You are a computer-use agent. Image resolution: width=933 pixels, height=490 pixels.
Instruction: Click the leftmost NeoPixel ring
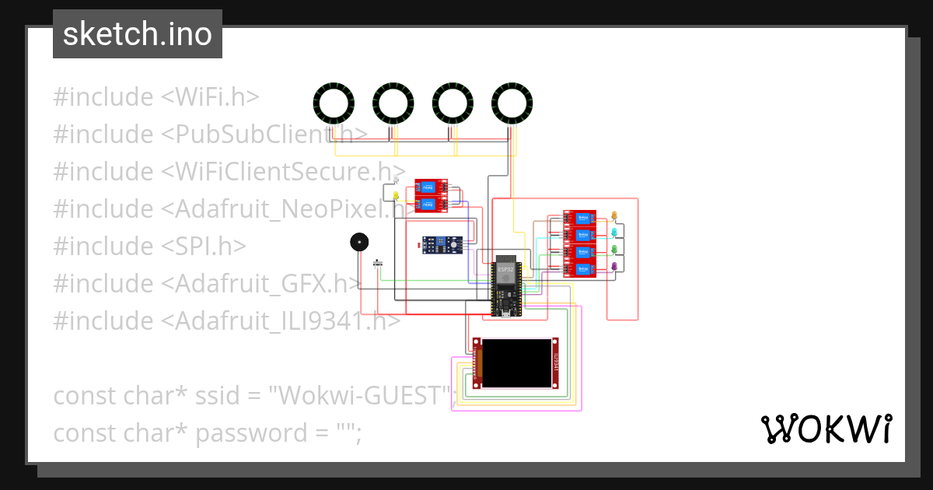tap(334, 103)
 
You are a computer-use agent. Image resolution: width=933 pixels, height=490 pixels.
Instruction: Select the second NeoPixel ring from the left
tap(393, 103)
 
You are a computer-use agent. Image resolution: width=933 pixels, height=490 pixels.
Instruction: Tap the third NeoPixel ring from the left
tap(453, 103)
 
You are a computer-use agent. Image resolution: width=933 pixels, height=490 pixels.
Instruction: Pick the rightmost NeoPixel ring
tap(512, 103)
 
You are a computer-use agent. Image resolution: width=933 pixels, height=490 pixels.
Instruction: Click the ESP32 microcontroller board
tap(506, 288)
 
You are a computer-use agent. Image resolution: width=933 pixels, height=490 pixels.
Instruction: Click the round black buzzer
tap(358, 243)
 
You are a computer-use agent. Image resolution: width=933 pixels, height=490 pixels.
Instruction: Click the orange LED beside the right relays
tap(614, 215)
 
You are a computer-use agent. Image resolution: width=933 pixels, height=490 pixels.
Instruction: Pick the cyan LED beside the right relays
tap(614, 232)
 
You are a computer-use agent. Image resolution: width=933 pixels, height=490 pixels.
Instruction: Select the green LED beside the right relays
tap(614, 249)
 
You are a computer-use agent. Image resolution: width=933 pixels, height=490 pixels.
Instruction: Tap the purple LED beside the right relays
tap(614, 267)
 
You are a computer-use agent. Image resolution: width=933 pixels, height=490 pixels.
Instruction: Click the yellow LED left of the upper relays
tap(396, 194)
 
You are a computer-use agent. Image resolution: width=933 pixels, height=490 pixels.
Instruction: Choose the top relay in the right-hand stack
tap(579, 218)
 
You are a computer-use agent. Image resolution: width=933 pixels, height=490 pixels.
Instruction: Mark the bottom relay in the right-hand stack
tap(579, 269)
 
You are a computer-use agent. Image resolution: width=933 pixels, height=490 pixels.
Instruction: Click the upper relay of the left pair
tap(430, 187)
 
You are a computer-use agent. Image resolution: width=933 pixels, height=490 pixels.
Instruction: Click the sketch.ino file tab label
tap(138, 34)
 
